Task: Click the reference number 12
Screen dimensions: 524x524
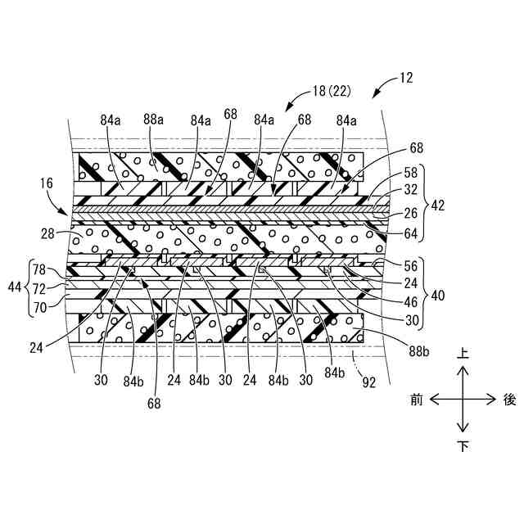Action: [x=407, y=79]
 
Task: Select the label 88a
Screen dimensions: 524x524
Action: [x=152, y=120]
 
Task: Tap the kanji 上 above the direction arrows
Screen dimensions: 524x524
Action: [x=463, y=354]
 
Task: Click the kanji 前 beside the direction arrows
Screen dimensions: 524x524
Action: [x=417, y=400]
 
